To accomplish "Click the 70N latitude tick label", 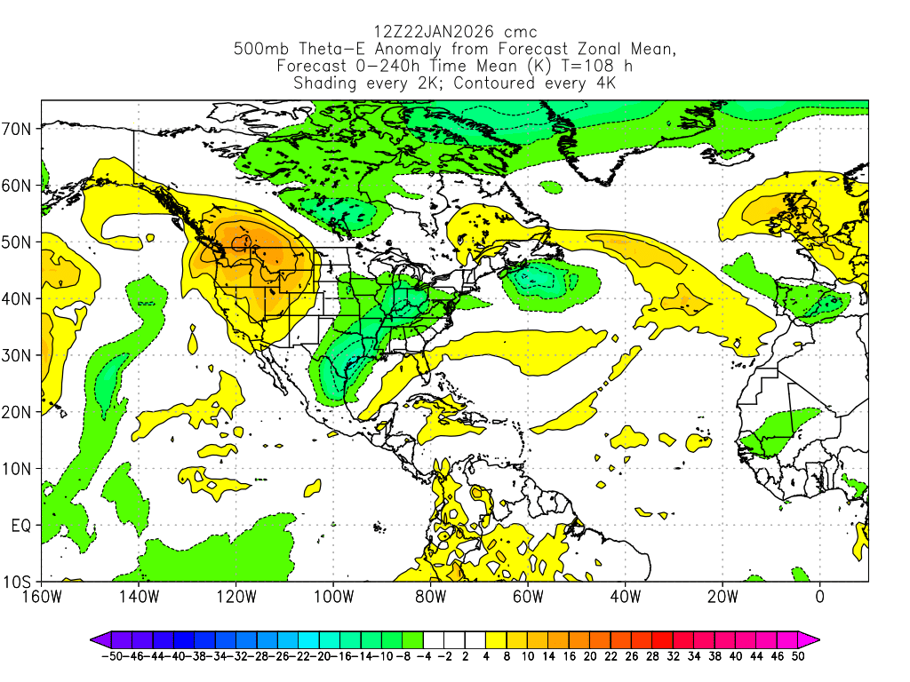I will click(x=19, y=129).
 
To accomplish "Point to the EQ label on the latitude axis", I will click(x=21, y=526).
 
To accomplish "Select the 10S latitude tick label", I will click(x=19, y=583).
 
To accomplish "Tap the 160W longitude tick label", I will click(x=42, y=597).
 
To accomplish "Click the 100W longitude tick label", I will click(x=333, y=597).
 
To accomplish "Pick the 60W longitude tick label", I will click(x=528, y=597).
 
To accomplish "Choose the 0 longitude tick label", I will click(x=819, y=597).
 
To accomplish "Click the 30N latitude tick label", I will click(x=19, y=355).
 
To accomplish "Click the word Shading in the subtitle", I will click(x=325, y=83).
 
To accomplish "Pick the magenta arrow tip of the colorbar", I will click(x=813, y=638).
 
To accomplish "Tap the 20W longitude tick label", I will click(x=722, y=597).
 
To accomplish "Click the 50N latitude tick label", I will click(x=19, y=242).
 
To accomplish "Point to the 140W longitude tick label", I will click(x=139, y=597).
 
